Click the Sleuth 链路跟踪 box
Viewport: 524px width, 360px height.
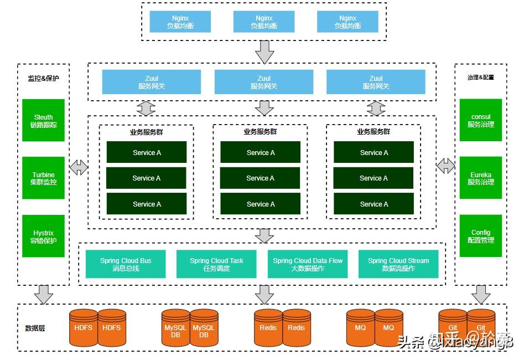pos(43,121)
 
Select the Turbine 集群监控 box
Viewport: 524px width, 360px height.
pos(43,178)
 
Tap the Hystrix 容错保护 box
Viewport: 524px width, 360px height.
pos(43,236)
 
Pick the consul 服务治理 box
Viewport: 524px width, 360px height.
pos(480,121)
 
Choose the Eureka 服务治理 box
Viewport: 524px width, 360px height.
pos(480,178)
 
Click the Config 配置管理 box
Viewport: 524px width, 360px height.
pos(480,236)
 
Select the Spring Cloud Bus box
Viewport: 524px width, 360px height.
pos(126,264)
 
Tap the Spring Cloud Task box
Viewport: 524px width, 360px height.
pos(216,264)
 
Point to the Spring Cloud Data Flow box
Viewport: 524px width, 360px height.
pos(308,264)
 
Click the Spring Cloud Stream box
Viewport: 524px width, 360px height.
pos(398,264)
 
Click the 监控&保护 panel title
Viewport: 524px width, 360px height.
pos(43,78)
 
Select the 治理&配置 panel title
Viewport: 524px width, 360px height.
pos(480,78)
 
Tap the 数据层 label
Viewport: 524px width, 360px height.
pos(35,328)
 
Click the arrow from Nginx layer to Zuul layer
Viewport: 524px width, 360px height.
pos(264,52)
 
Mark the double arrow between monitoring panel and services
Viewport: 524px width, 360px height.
pos(79,166)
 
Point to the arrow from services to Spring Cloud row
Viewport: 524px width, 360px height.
pos(264,235)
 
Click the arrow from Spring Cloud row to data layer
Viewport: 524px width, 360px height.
pos(264,294)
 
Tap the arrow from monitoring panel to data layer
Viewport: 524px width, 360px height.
pos(43,294)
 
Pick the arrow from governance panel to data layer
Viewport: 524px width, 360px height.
pos(480,294)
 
